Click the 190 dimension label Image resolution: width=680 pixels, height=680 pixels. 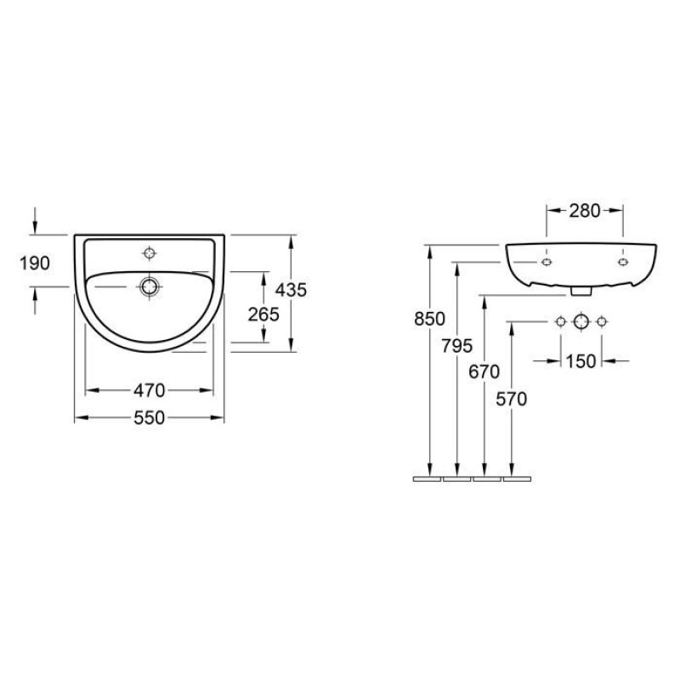click(35, 263)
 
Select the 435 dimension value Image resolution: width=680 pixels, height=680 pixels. click(291, 290)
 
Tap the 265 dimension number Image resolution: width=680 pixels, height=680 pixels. click(263, 314)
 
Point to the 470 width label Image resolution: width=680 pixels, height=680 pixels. click(150, 391)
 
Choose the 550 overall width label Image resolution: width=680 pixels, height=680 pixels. click(150, 417)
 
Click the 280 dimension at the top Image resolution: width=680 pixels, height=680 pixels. click(585, 211)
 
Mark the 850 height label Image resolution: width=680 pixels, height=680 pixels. click(430, 319)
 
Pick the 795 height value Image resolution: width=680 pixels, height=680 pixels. click(457, 346)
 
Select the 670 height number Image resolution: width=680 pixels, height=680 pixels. click(484, 371)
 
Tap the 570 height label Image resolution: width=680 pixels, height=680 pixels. click(512, 399)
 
